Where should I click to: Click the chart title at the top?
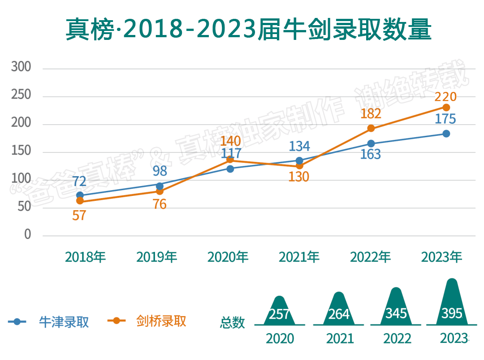coord(248,30)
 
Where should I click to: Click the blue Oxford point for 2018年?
coord(80,195)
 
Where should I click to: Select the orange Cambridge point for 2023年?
coord(446,108)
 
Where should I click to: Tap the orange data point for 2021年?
coord(300,166)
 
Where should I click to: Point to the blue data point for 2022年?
coord(371,143)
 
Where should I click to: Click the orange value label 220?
coord(445,97)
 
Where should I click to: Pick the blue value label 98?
coord(160,171)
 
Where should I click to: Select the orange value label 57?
coord(79,215)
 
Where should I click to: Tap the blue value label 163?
coord(371,155)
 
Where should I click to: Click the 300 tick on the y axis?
coord(22,67)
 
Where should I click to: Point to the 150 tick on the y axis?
coord(22,151)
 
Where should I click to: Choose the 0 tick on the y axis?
coord(28,234)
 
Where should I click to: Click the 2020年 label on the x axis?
coord(228,257)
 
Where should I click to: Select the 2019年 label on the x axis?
coord(157,257)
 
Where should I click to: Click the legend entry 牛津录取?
coord(63,321)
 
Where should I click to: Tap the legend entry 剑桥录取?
coord(160,321)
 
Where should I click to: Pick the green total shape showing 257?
coord(279,312)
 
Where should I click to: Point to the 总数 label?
coord(233,322)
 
